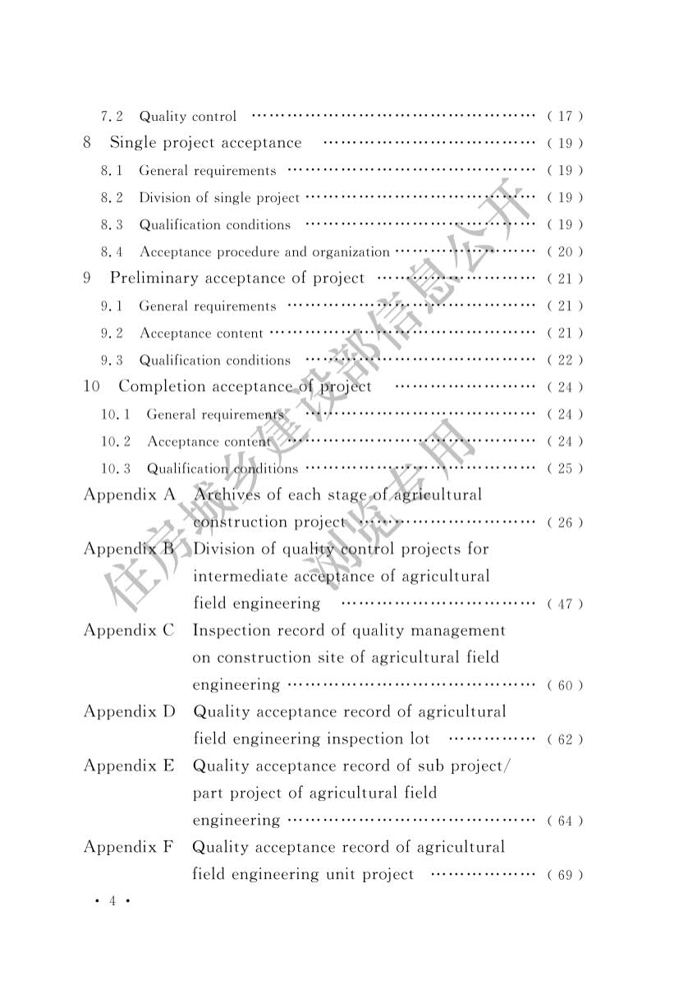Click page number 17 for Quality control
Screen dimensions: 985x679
click(565, 117)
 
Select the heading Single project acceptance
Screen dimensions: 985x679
click(205, 143)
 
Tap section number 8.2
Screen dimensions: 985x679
click(112, 198)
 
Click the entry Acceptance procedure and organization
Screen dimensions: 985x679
click(264, 252)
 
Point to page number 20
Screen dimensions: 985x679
click(565, 252)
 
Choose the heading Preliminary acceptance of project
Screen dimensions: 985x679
click(237, 278)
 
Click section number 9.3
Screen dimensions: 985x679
click(112, 361)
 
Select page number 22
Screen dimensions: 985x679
click(565, 361)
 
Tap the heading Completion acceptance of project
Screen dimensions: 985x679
click(245, 387)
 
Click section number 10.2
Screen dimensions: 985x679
click(117, 442)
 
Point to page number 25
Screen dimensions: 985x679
click(565, 469)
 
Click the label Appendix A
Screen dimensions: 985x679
click(130, 495)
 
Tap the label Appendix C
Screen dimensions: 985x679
click(130, 631)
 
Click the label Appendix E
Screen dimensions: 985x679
click(130, 766)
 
